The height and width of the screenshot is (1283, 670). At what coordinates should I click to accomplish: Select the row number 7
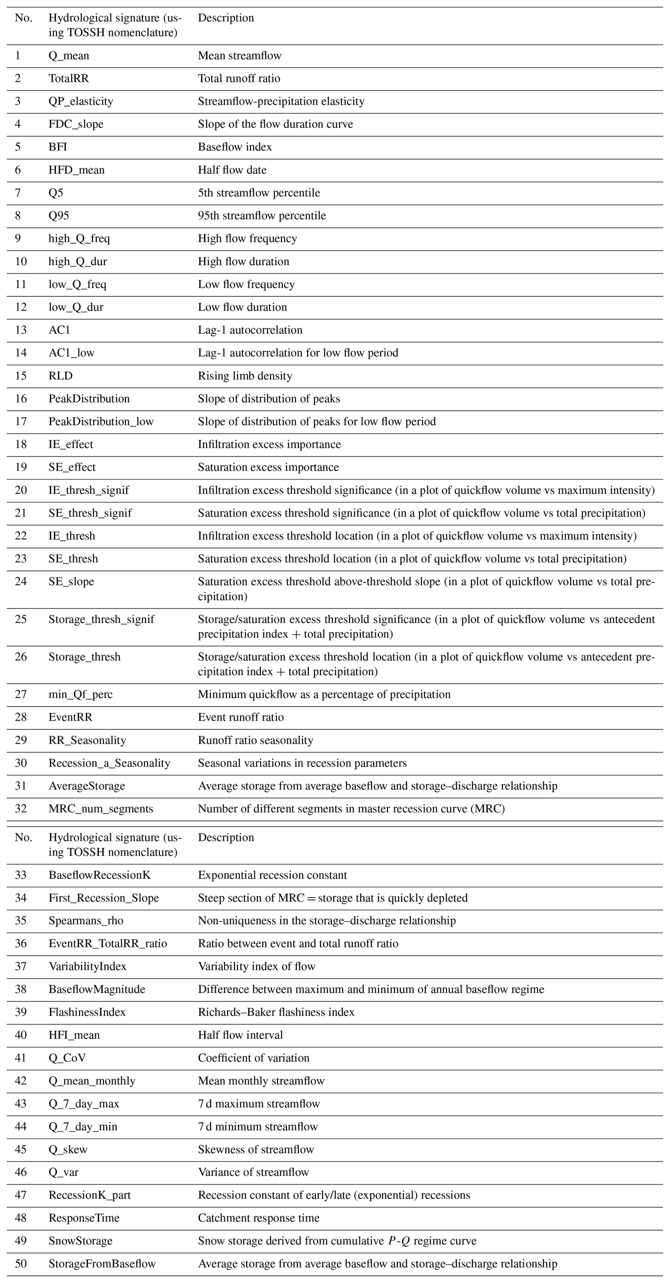[18, 193]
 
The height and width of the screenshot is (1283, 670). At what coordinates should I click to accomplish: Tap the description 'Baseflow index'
[235, 147]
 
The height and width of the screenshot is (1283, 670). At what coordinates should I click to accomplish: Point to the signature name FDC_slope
[76, 124]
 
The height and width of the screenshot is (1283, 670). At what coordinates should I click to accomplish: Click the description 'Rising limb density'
[245, 376]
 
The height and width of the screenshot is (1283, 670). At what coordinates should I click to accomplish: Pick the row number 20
[21, 490]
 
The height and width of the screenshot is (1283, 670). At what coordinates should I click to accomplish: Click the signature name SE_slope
[71, 581]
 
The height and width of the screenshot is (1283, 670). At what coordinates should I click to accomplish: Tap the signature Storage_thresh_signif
[101, 619]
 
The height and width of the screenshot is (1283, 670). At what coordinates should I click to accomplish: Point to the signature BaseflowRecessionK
[99, 875]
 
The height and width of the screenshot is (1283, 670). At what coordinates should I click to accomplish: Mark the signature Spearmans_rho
[86, 920]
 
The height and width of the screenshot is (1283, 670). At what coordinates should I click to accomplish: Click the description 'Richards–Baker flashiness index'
[276, 1012]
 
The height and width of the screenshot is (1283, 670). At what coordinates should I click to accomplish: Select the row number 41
[21, 1058]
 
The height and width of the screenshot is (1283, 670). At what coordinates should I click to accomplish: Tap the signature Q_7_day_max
[84, 1104]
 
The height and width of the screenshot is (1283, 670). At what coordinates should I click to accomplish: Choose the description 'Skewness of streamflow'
[256, 1149]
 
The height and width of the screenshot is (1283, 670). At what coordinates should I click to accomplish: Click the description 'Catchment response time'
[259, 1218]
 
